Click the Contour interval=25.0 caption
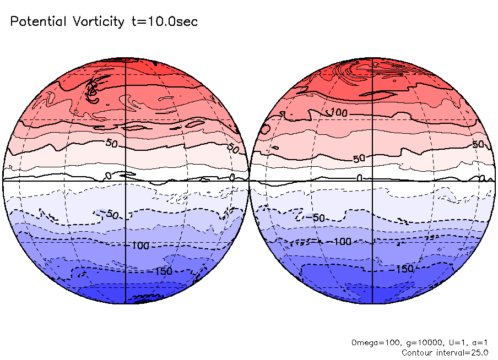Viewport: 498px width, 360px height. click(445, 352)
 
